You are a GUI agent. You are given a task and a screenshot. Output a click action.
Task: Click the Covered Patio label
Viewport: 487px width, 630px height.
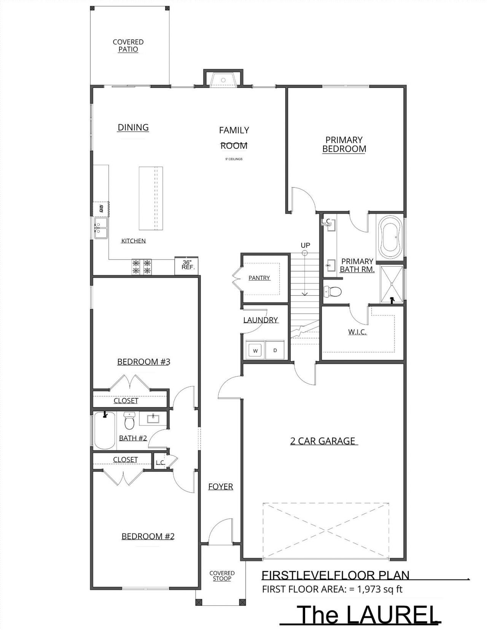pos(128,46)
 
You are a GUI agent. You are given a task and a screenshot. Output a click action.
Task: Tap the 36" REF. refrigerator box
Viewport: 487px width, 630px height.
pos(186,266)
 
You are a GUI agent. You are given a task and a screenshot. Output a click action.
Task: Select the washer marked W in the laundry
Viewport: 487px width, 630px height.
pos(255,350)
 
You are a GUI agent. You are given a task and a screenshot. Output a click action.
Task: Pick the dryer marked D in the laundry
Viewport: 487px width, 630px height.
pos(275,350)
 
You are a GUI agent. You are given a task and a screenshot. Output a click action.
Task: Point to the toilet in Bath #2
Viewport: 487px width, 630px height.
pos(129,421)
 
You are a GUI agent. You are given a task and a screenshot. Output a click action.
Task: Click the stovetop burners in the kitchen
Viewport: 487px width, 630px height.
pos(142,267)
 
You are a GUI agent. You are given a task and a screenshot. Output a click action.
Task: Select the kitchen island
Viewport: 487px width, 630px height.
pos(151,198)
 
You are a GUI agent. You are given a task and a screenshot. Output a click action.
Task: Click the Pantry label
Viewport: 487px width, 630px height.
pos(259,278)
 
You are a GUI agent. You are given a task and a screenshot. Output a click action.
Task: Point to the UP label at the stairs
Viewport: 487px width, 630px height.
pos(305,245)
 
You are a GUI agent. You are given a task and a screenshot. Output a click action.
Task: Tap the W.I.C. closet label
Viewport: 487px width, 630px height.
pos(357,332)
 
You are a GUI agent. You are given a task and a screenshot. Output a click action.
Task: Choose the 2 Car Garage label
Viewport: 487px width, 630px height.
pos(323,441)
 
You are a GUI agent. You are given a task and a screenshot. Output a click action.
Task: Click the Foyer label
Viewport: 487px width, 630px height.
pos(221,487)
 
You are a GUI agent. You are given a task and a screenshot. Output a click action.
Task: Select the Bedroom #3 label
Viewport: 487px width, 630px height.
pos(143,362)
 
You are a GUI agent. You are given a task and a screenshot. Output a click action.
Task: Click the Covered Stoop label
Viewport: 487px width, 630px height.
pos(222,576)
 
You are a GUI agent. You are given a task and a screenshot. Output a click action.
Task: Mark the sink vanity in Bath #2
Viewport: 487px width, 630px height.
pos(153,419)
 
